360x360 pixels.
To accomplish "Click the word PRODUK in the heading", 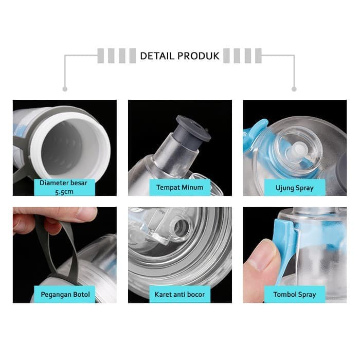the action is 199,56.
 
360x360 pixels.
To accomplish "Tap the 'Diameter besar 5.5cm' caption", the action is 64,187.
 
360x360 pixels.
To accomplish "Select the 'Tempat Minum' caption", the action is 180,187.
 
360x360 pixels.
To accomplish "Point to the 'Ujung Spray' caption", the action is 295,188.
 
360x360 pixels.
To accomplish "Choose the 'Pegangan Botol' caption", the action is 65,295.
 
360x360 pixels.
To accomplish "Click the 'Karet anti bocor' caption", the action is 179,294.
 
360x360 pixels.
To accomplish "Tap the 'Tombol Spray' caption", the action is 295,295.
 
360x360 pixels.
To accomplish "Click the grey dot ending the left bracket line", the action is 65,89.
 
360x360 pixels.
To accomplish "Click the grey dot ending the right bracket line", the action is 294,89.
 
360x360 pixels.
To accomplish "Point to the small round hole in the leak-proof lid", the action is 181,228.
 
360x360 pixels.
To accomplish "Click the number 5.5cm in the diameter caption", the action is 64,192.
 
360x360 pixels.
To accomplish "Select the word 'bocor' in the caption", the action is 196,294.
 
